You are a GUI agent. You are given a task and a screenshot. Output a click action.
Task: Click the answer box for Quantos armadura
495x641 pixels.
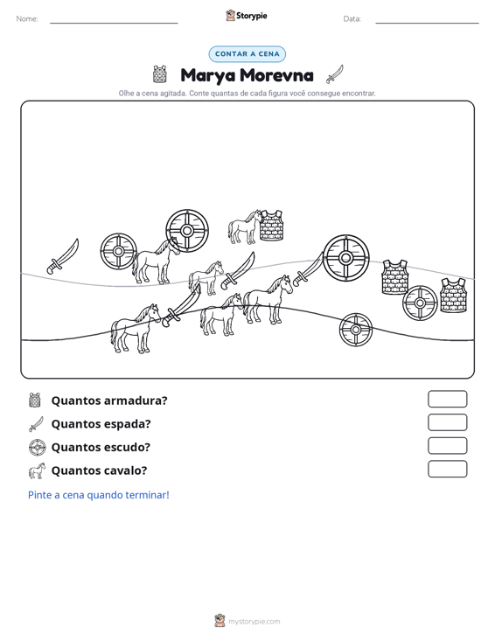[x=447, y=399]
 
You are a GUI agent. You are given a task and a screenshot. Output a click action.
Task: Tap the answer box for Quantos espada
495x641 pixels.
[x=447, y=422]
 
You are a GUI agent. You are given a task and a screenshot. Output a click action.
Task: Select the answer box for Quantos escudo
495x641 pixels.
[x=447, y=446]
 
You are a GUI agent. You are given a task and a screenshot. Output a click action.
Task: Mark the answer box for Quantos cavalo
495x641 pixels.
[x=447, y=469]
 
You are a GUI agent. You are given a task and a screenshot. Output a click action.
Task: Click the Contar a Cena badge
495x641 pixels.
[x=247, y=54]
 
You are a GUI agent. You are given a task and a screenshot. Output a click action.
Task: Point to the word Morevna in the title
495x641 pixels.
[x=276, y=75]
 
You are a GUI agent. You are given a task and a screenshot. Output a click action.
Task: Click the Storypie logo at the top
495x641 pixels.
[x=247, y=16]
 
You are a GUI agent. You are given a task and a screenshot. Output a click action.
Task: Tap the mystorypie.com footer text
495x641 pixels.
[x=254, y=622]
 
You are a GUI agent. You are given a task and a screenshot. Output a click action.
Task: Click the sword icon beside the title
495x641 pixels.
[x=334, y=74]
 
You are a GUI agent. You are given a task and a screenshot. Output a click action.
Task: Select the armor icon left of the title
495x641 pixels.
[x=160, y=74]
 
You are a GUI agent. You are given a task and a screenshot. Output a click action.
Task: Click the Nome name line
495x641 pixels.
[x=114, y=23]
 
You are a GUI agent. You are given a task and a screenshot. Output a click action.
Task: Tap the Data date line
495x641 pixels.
[x=427, y=23]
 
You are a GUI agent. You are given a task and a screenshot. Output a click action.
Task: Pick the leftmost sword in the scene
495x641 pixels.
[x=63, y=257]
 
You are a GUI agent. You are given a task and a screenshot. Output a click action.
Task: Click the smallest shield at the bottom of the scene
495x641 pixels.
[x=356, y=330]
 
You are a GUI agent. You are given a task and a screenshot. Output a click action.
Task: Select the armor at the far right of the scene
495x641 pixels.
[x=453, y=296]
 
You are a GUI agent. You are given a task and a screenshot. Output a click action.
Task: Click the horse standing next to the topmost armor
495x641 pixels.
[x=244, y=227]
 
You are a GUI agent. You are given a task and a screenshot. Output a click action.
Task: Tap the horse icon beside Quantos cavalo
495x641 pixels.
[x=37, y=470]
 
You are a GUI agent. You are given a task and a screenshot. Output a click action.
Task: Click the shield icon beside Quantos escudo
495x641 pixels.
[x=38, y=447]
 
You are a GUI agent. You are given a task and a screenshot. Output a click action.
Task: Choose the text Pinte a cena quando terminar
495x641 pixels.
[x=99, y=495]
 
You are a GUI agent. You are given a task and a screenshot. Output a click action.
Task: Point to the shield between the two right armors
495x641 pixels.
[x=420, y=303]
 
